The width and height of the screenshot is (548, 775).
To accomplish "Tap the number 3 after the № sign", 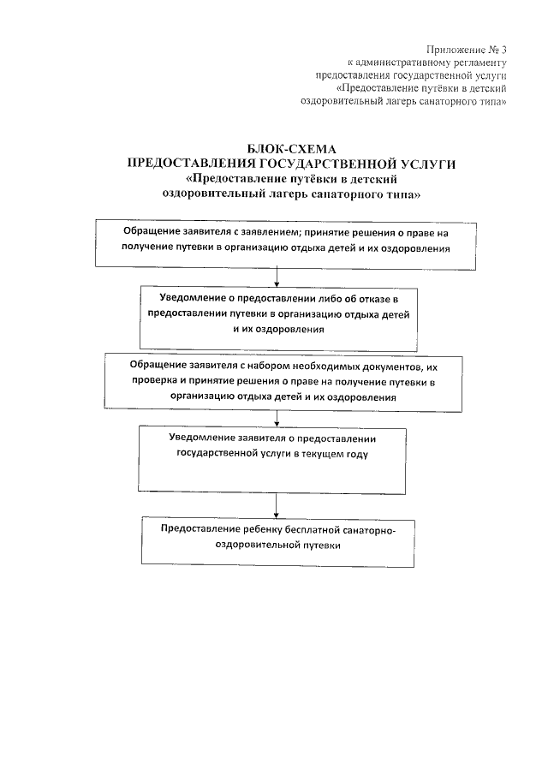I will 504,49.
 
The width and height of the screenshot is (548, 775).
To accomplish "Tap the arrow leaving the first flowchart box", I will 276,277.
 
